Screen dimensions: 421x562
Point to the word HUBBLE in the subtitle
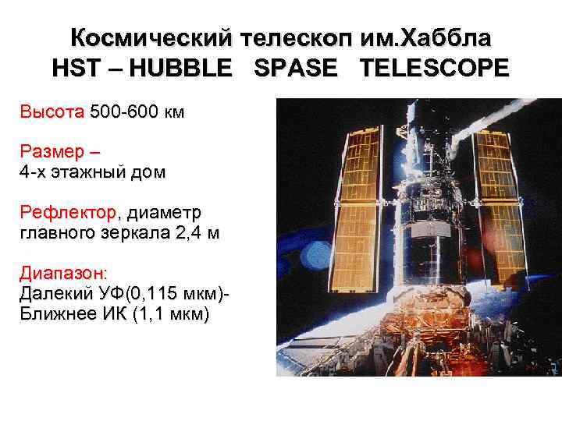point(180,68)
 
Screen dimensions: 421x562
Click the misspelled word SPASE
point(296,68)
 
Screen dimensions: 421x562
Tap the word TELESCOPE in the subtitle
point(434,68)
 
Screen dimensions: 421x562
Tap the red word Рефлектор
point(68,212)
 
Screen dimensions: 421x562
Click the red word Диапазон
point(63,274)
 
